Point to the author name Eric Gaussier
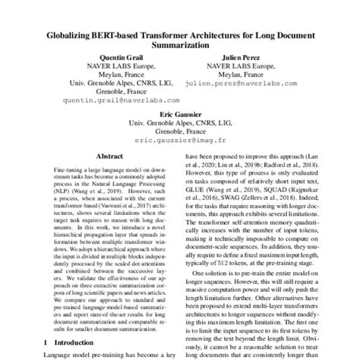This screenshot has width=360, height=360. tap(180, 111)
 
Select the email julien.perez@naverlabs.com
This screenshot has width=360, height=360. tap(241, 89)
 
